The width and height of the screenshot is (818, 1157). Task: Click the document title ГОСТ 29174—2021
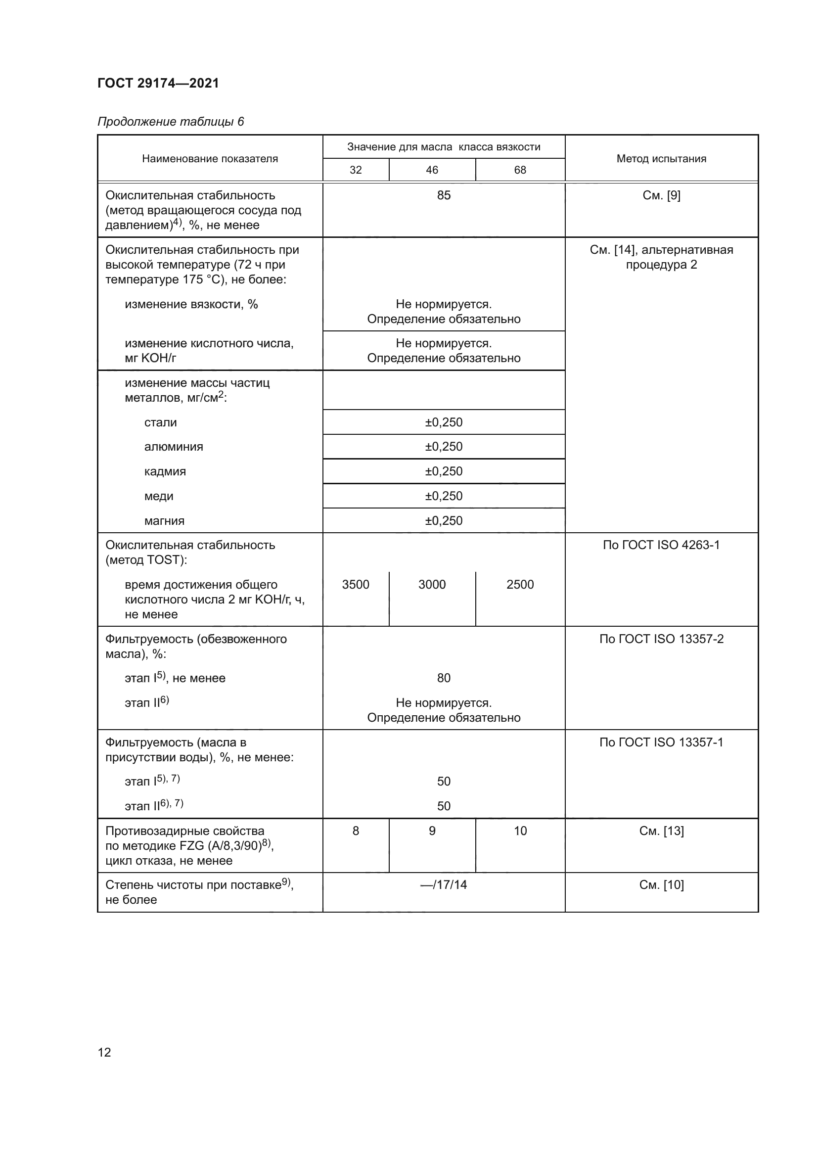158,83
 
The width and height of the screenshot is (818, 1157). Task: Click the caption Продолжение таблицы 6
170,122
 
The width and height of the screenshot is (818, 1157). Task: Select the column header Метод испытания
661,159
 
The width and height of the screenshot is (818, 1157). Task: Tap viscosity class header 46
432,170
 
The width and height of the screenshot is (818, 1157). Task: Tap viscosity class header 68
520,170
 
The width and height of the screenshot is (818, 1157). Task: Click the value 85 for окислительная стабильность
443,195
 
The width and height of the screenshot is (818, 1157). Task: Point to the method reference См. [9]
661,195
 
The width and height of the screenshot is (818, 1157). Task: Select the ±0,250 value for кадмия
443,471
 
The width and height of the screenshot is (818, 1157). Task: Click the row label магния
164,520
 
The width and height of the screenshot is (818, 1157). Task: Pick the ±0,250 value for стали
443,422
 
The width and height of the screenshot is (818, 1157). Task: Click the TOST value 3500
356,585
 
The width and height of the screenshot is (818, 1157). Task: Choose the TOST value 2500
520,585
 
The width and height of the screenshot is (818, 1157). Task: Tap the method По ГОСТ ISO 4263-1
661,545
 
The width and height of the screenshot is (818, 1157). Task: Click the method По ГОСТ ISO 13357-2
661,639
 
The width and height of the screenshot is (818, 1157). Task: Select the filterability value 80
443,678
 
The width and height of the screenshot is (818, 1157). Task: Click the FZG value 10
520,831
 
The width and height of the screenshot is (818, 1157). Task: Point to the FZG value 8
356,831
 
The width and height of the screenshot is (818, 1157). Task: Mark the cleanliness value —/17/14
443,885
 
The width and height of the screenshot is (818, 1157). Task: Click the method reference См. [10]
661,885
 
